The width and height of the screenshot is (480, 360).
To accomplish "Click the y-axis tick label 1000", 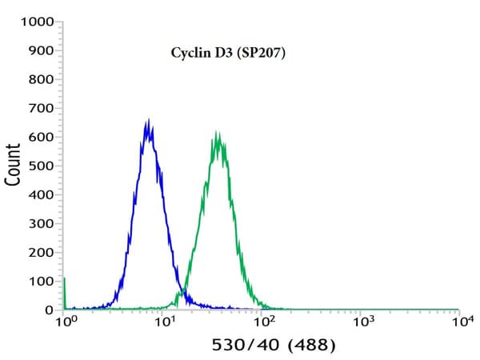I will (37, 22).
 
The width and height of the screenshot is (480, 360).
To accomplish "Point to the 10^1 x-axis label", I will (165, 322).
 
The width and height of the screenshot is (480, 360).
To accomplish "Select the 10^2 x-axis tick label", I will (264, 322).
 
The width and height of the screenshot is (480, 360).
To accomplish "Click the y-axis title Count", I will (14, 165).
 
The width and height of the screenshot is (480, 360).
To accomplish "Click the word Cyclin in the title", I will (189, 54).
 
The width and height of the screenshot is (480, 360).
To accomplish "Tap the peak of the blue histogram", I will (148, 120).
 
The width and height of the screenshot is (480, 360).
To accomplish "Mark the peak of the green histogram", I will (217, 132).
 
